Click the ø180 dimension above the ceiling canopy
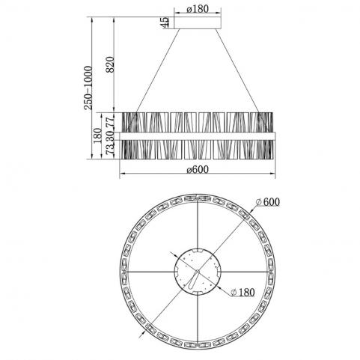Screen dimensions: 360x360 [197, 9]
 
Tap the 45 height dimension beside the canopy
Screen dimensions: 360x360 [165, 22]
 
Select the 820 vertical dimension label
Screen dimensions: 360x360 [110, 64]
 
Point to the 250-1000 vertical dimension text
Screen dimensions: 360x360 [88, 88]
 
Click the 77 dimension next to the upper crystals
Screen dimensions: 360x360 [110, 122]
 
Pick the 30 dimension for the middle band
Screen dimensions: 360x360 [110, 136]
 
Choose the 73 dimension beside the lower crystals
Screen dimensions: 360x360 [110, 149]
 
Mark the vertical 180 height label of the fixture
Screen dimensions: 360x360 [97, 135]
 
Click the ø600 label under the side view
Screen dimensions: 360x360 [198, 170]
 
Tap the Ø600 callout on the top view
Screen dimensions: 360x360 [268, 202]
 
